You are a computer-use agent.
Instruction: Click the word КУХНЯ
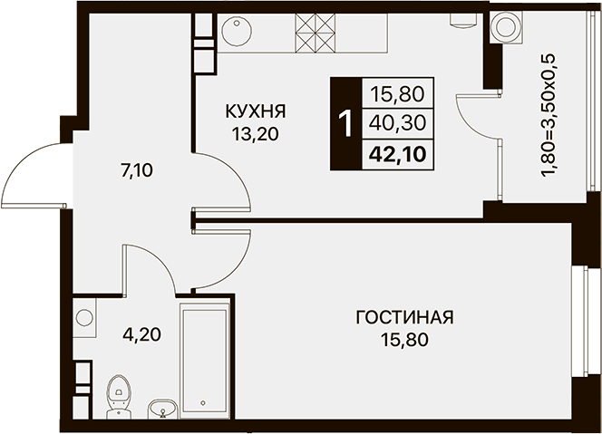click(256, 111)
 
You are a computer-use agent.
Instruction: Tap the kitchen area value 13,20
click(255, 134)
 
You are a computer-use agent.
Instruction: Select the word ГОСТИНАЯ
click(404, 318)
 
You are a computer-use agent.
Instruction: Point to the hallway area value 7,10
click(137, 170)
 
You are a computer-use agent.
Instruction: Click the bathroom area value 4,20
click(141, 335)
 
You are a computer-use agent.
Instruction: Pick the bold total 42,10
click(397, 155)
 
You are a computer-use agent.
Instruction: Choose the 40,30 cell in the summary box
click(397, 123)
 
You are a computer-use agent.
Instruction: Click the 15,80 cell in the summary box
click(397, 94)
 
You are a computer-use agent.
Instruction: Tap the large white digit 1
click(346, 123)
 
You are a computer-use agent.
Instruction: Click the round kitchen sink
click(237, 29)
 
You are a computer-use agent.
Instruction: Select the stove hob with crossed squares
click(315, 33)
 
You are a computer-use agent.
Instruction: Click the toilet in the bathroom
click(118, 396)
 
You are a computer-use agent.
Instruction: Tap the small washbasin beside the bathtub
click(163, 409)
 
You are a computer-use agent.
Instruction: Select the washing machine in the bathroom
click(84, 318)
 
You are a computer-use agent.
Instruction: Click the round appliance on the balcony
click(506, 26)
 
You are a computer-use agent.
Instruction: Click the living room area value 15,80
click(404, 340)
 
